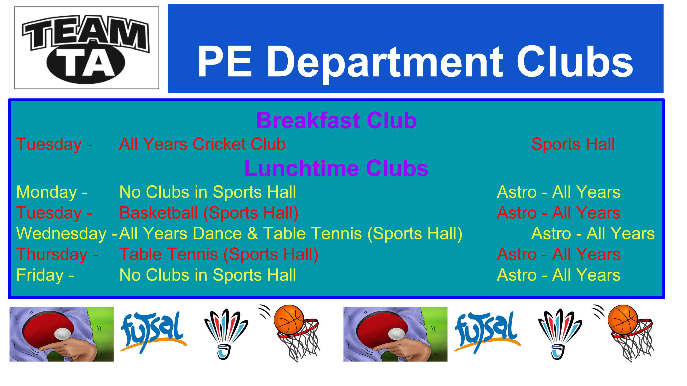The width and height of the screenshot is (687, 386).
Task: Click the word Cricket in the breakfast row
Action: pyautogui.click(x=218, y=144)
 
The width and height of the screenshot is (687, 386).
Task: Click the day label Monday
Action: pyautogui.click(x=46, y=192)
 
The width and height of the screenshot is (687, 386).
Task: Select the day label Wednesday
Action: pyautogui.click(x=61, y=234)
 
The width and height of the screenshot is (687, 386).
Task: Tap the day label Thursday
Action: pyautogui.click(x=52, y=255)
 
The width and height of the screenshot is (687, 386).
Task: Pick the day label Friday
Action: pyautogui.click(x=40, y=275)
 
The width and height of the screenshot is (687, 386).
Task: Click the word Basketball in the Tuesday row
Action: pyautogui.click(x=158, y=213)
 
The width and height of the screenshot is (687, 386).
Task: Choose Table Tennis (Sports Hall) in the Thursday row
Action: pyautogui.click(x=219, y=255)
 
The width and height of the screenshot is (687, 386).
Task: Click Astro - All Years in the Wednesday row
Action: pyautogui.click(x=593, y=234)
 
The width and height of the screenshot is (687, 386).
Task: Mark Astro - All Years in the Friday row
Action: pyautogui.click(x=559, y=275)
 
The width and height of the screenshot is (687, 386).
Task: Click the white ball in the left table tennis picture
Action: pyautogui.click(x=63, y=334)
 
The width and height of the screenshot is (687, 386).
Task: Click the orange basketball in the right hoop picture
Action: pyautogui.click(x=623, y=319)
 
